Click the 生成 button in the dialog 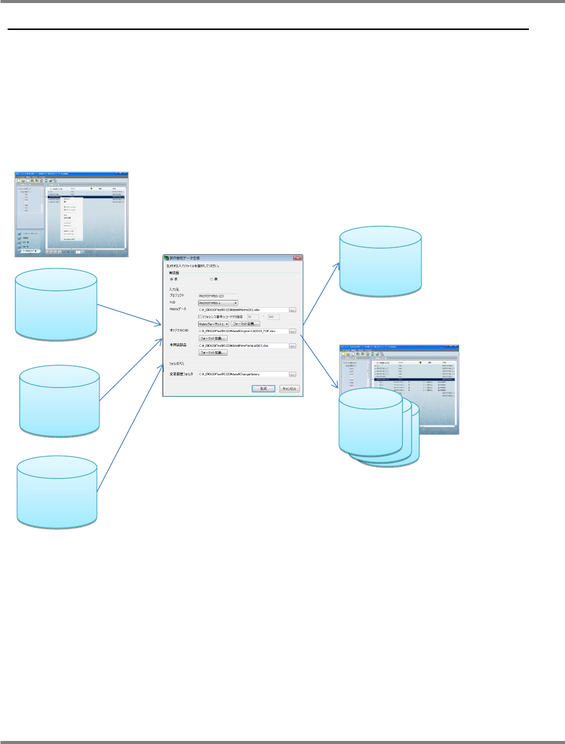coord(263,389)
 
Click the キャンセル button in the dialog coord(289,389)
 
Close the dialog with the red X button coord(297,258)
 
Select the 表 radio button coord(172,279)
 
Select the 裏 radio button coord(212,279)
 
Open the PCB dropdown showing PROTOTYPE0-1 coord(218,303)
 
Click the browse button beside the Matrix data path coord(293,310)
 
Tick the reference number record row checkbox coord(200,317)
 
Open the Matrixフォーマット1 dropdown coord(213,324)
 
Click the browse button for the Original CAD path coord(293,331)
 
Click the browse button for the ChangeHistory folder coord(293,374)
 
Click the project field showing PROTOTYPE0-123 coord(217,296)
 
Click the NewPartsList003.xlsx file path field coord(243,346)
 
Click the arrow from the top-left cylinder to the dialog coord(129,316)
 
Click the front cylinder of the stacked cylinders coord(370,422)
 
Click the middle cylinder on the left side coord(59,400)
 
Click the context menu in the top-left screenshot coord(71,219)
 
